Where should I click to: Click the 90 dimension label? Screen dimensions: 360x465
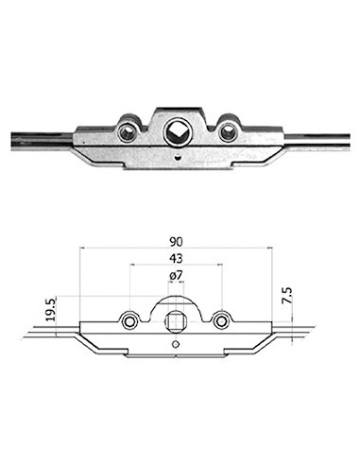[x=176, y=242]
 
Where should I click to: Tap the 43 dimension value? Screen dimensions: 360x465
[x=176, y=259]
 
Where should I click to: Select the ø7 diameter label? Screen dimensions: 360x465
[x=176, y=276]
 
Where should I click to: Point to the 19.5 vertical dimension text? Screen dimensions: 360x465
[x=50, y=310]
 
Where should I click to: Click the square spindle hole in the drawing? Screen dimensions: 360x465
[x=174, y=321]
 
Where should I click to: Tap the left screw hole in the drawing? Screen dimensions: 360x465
[x=129, y=321]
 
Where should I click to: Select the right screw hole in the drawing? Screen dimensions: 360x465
[x=220, y=321]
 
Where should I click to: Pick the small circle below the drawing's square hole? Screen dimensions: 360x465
[x=175, y=344]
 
